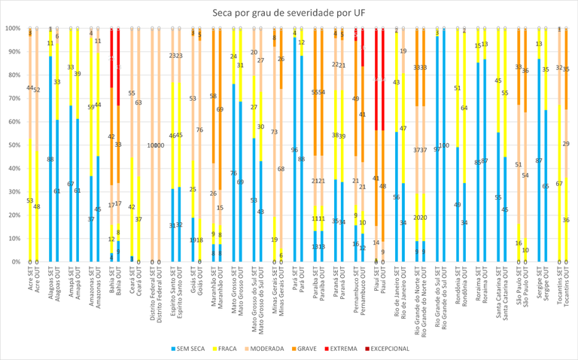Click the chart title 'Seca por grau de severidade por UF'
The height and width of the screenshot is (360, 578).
pos(289,12)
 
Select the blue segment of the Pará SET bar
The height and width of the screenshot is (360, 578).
pos(294,150)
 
